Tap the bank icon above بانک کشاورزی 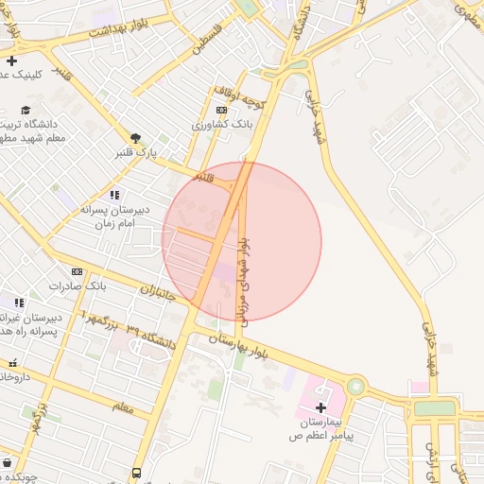tap(221, 110)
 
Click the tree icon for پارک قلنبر tap(136, 138)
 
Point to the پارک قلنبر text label tap(135, 152)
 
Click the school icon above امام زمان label tap(115, 195)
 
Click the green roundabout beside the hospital tap(355, 386)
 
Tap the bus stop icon tap(137, 473)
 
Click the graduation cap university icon tap(26, 110)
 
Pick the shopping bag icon tap(8, 463)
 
